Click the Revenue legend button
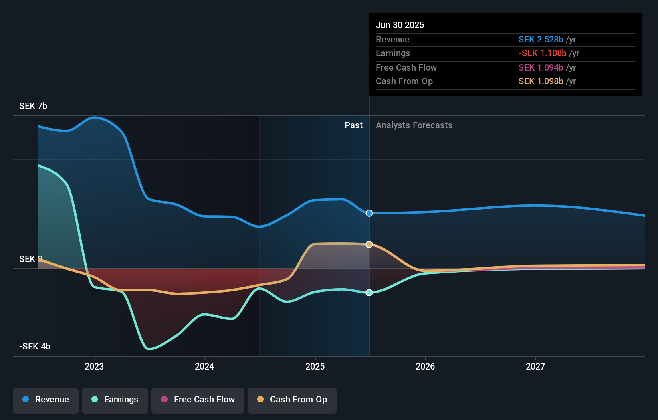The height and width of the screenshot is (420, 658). [46, 400]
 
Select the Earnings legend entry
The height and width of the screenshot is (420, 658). [115, 400]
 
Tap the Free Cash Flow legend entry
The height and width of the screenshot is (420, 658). [198, 400]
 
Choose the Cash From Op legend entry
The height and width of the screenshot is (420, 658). [292, 400]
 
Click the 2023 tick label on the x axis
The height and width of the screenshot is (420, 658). [94, 366]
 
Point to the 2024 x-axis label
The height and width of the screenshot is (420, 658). [204, 366]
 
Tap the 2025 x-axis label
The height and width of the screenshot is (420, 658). [315, 366]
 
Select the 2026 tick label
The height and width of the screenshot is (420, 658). [425, 366]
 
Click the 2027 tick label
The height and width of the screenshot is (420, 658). [535, 366]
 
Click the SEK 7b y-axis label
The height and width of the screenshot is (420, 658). [33, 106]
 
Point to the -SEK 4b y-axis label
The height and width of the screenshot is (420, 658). [35, 346]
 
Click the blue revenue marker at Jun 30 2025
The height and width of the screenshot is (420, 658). [369, 213]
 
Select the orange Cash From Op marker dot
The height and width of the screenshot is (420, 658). [369, 244]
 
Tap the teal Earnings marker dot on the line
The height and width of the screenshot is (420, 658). [369, 293]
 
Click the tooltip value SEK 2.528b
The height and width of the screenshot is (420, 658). [541, 39]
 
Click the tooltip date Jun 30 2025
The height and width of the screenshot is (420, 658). [400, 25]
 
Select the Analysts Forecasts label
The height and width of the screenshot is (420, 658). [414, 125]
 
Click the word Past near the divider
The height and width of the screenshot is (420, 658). [353, 125]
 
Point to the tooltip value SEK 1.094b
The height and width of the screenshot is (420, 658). [541, 67]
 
